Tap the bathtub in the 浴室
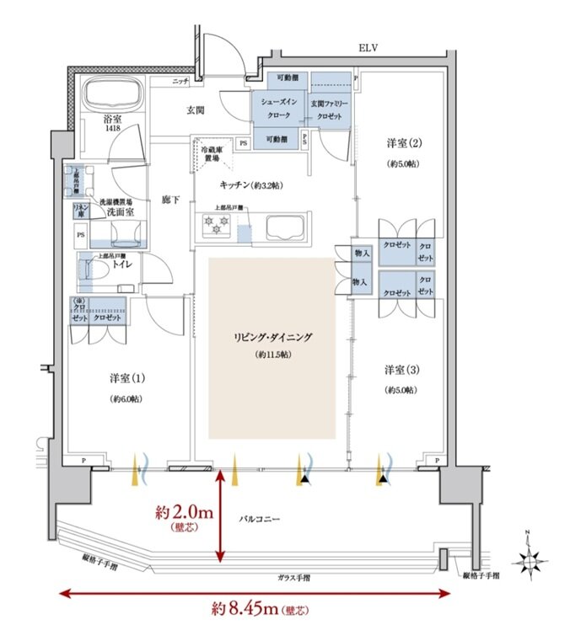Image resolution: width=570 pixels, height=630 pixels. point(113,92)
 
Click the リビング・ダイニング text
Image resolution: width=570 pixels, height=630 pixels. point(272,337)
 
